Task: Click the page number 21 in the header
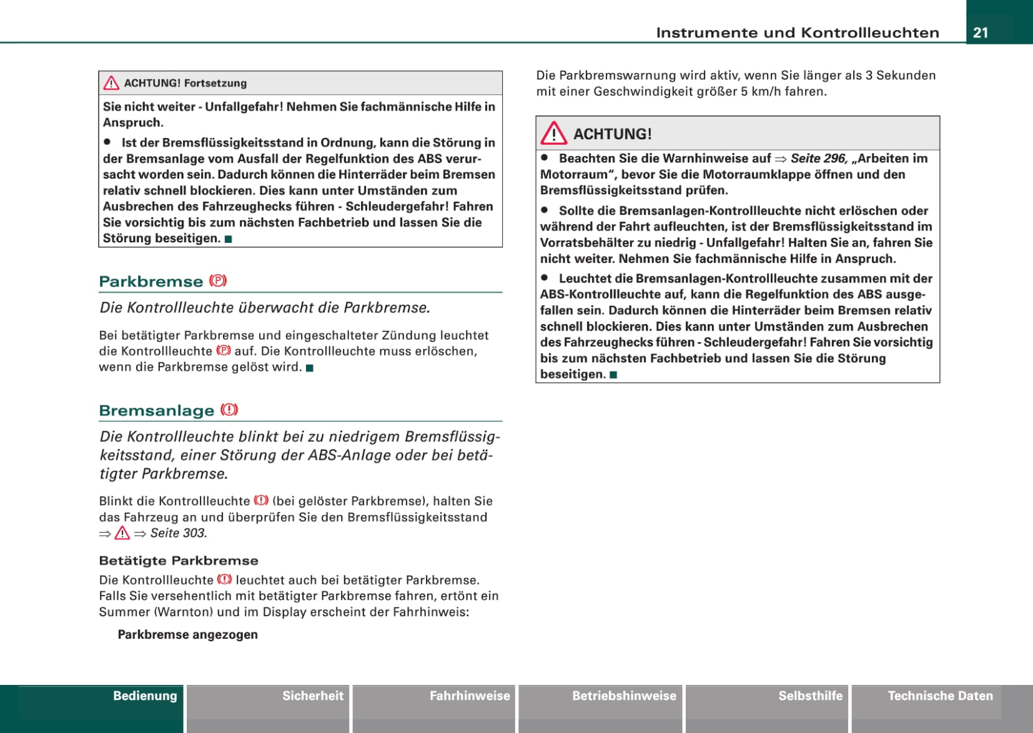(x=981, y=32)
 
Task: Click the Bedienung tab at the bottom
(x=145, y=696)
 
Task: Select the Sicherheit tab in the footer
(x=312, y=696)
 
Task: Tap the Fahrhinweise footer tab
(x=470, y=696)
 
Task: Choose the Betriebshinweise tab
(x=624, y=696)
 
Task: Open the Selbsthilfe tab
(x=810, y=696)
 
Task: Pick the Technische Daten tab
(x=940, y=696)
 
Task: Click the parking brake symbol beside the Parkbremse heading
(x=218, y=281)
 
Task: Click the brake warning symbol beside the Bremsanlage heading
(x=229, y=410)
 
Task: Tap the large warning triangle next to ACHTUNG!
(x=554, y=133)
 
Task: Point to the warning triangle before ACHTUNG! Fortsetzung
(x=111, y=83)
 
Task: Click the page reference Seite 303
(x=178, y=533)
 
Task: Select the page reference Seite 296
(x=818, y=159)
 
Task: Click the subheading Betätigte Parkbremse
(x=179, y=561)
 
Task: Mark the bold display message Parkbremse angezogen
(x=187, y=634)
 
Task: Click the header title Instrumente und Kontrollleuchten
(x=797, y=32)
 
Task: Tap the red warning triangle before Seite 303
(x=122, y=533)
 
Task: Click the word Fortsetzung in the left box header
(x=215, y=83)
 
